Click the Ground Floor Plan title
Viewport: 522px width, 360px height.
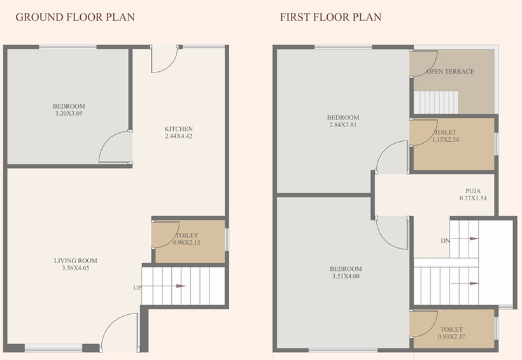(x=75, y=17)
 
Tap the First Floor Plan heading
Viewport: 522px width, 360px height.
(x=330, y=17)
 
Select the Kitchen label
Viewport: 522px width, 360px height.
(x=178, y=128)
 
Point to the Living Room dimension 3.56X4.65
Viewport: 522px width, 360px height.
(x=76, y=268)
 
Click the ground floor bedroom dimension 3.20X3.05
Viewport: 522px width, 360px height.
(x=69, y=113)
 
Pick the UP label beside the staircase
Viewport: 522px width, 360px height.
(x=137, y=287)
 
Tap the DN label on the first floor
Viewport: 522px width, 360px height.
(x=445, y=240)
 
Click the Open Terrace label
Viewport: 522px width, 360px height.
(x=450, y=71)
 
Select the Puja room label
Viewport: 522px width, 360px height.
(x=473, y=191)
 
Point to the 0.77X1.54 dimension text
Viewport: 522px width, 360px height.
(x=473, y=198)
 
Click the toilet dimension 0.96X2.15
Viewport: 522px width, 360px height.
(x=187, y=242)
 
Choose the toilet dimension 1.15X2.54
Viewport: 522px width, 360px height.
(x=446, y=140)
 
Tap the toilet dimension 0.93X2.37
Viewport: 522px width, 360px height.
(x=451, y=336)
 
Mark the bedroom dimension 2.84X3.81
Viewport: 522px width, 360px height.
(x=343, y=125)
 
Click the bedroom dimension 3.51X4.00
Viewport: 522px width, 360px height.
(x=346, y=276)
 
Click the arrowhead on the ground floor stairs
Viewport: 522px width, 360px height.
(x=181, y=286)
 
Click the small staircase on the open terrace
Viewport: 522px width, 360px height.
(x=436, y=102)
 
